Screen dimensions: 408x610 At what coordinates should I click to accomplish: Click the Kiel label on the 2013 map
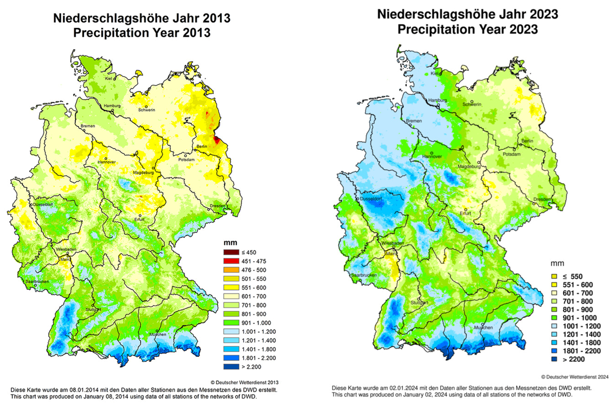pos(109,79)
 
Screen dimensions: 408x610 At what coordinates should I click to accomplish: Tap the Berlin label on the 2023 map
pos(527,141)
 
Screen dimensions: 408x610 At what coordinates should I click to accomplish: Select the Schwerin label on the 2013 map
pos(147,110)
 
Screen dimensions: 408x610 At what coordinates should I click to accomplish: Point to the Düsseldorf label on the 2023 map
pos(371,199)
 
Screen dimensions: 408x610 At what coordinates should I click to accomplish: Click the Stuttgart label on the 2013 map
pos(93,310)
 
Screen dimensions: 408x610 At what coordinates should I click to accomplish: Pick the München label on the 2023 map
pos(483,327)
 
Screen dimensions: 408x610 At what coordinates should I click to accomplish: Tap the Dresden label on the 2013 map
pos(218,206)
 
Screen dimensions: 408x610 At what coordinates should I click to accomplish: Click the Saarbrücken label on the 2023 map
pos(364,275)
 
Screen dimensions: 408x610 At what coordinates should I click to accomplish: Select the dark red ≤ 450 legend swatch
pos(231,252)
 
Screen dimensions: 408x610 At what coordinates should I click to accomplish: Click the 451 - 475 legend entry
pos(254,261)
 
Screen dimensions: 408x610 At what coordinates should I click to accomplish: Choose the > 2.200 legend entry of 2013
pos(251,367)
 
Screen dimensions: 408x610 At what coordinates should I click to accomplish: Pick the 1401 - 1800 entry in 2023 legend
pos(581,343)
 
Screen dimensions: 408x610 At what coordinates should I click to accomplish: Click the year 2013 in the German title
pos(217,18)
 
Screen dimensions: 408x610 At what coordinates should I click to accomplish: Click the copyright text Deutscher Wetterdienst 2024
pos(575,377)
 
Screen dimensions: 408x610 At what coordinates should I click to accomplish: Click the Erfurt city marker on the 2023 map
pos(466,209)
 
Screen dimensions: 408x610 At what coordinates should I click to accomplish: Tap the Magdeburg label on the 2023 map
pos(469,167)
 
